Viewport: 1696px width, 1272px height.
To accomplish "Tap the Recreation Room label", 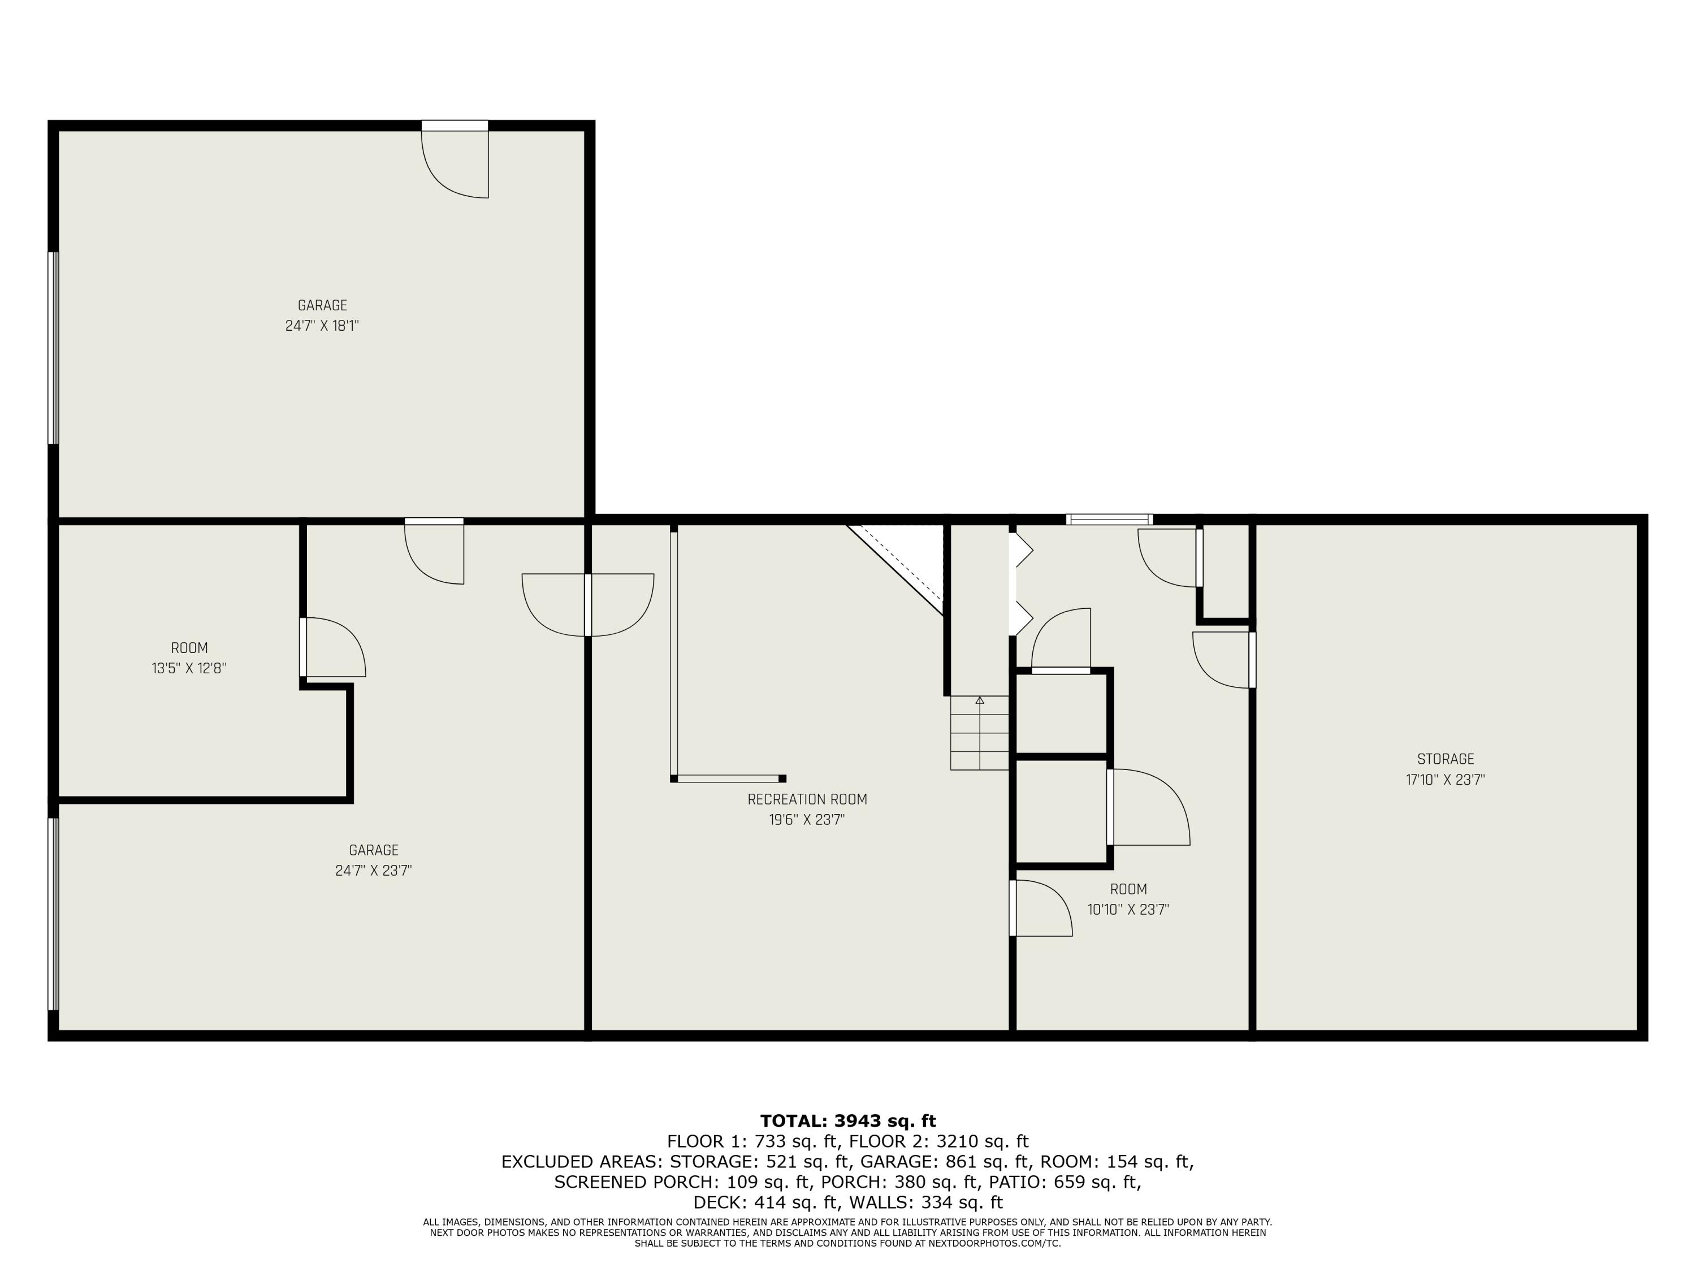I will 807,799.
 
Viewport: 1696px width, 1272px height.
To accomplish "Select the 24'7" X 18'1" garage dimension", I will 322,326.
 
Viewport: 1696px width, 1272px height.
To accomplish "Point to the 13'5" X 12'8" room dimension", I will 189,669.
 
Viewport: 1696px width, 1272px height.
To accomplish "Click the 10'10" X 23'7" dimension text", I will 1128,910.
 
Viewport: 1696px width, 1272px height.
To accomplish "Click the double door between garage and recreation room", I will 587,604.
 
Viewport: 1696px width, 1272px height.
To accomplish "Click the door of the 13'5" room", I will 331,647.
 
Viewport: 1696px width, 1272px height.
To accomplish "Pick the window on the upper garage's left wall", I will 53,348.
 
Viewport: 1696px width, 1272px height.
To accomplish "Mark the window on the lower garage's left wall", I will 53,913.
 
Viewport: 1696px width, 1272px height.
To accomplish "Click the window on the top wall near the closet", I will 1109,520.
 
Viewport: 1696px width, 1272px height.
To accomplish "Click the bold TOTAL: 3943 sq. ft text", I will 848,1121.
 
